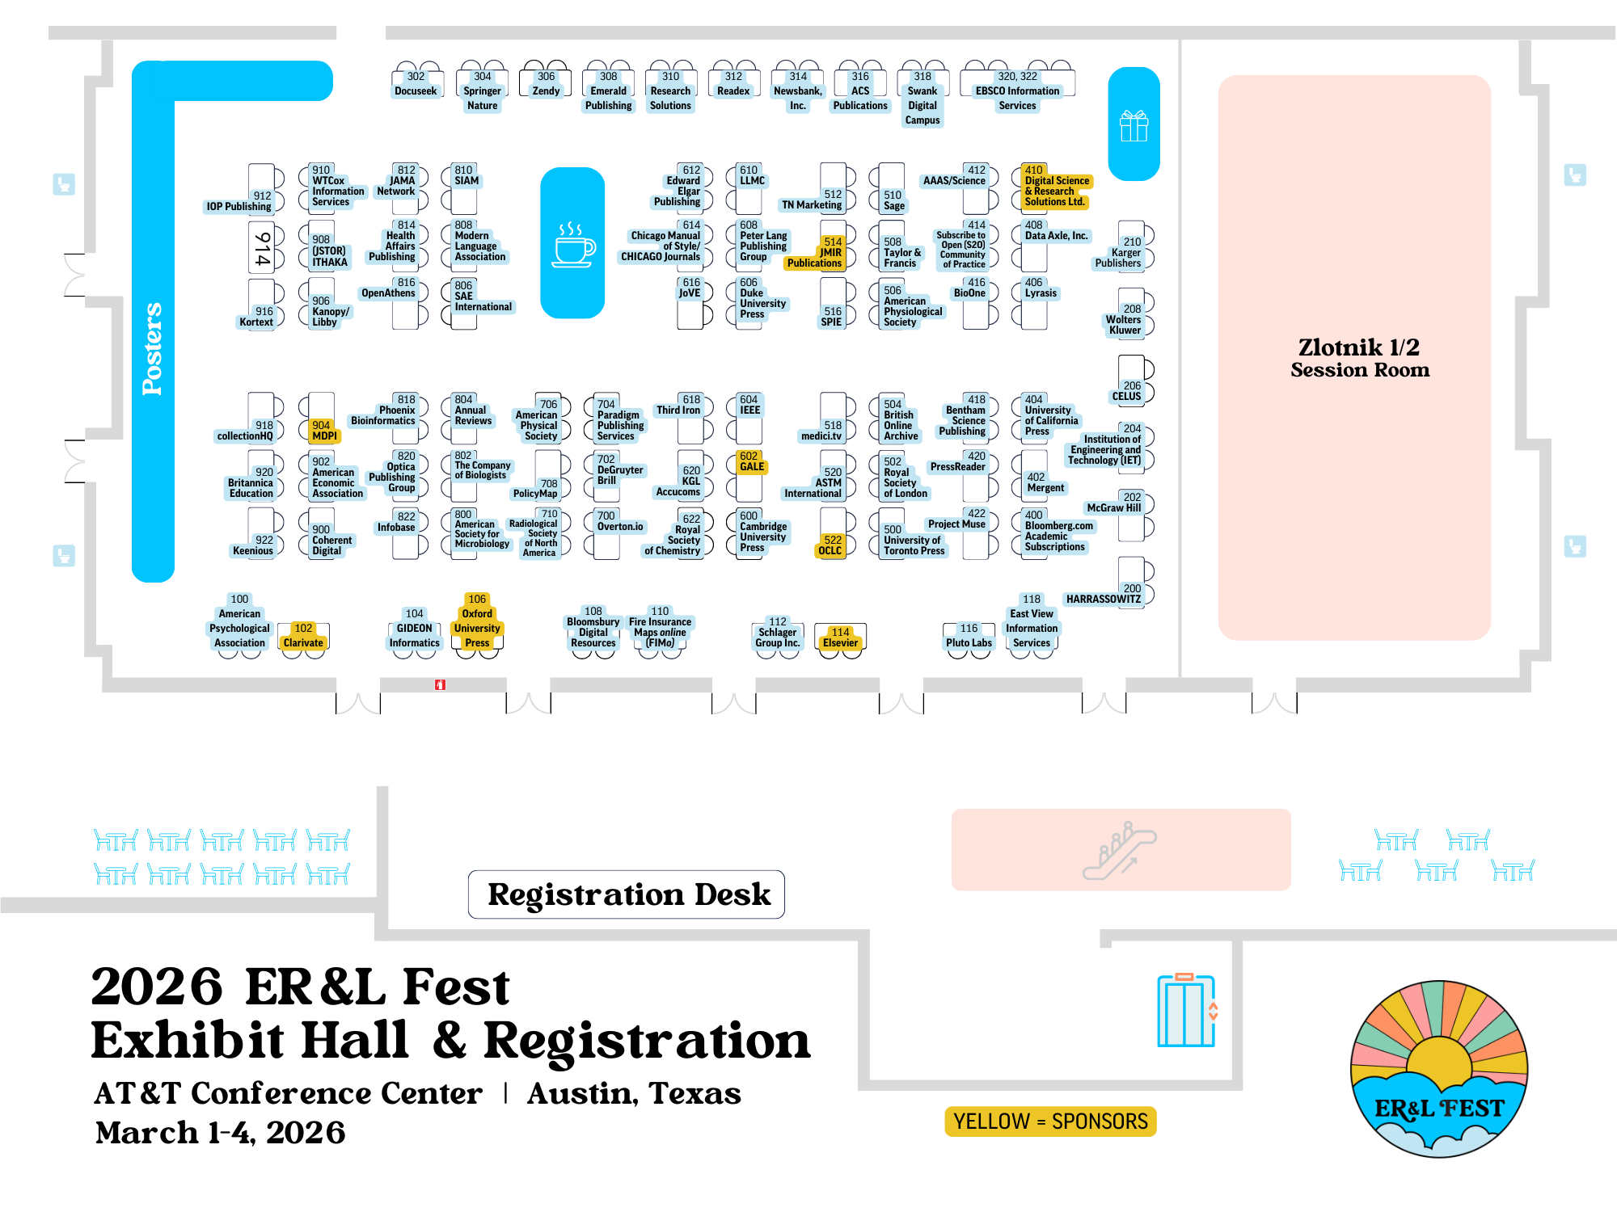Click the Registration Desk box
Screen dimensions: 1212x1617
627,894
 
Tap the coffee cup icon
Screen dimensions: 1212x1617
573,244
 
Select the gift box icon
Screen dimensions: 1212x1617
1134,126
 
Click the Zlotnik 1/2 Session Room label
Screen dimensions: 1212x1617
1359,358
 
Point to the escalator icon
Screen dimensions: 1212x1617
1120,850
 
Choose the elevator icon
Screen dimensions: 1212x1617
1187,1011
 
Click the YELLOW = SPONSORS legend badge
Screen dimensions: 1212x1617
1050,1122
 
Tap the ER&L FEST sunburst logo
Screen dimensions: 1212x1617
1439,1068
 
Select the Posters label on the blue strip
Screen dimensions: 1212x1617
152,349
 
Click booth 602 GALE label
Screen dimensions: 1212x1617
751,461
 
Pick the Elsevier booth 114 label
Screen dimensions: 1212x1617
840,638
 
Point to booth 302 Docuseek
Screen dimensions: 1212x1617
416,84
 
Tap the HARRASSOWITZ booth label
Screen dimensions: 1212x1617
1104,599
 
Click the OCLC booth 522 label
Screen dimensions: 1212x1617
830,545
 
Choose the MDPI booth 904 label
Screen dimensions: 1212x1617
323,431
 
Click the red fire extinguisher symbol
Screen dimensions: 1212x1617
440,684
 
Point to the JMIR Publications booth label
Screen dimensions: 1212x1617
816,253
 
